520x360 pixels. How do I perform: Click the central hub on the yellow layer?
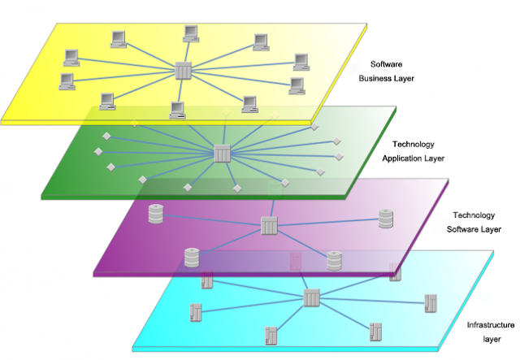184,71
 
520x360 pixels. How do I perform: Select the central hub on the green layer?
223,153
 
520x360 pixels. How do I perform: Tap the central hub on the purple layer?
270,226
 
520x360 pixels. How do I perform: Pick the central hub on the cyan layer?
312,298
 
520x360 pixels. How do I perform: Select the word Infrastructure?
491,325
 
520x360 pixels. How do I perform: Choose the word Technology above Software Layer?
474,215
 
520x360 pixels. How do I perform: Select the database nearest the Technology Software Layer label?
385,219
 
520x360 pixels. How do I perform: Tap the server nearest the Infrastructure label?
431,303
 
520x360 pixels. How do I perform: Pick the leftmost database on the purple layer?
156,215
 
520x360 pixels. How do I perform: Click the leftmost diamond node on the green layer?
96,152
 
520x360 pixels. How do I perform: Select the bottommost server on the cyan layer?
271,334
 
